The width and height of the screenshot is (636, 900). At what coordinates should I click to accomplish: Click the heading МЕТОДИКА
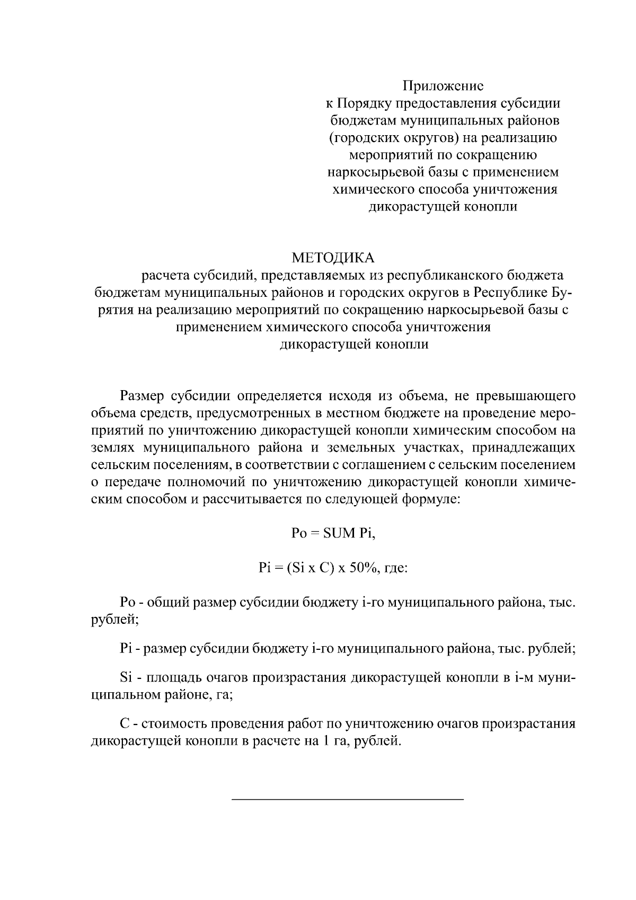333,258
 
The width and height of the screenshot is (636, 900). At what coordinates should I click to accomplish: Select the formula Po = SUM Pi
333,533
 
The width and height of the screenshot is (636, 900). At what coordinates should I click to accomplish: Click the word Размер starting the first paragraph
142,396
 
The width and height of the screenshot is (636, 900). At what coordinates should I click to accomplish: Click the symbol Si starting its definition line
126,678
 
